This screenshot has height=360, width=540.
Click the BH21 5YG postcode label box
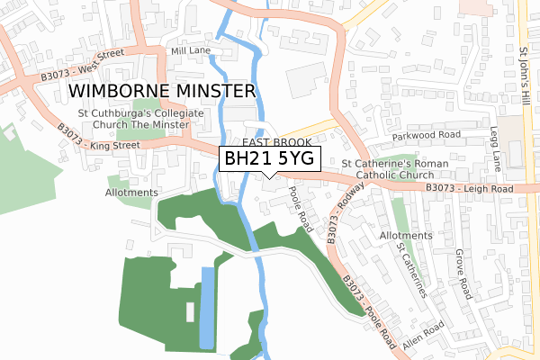[270, 159]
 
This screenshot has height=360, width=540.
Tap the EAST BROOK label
[275, 143]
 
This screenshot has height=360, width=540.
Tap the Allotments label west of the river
[131, 193]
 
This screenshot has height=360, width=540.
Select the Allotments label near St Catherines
[400, 235]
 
